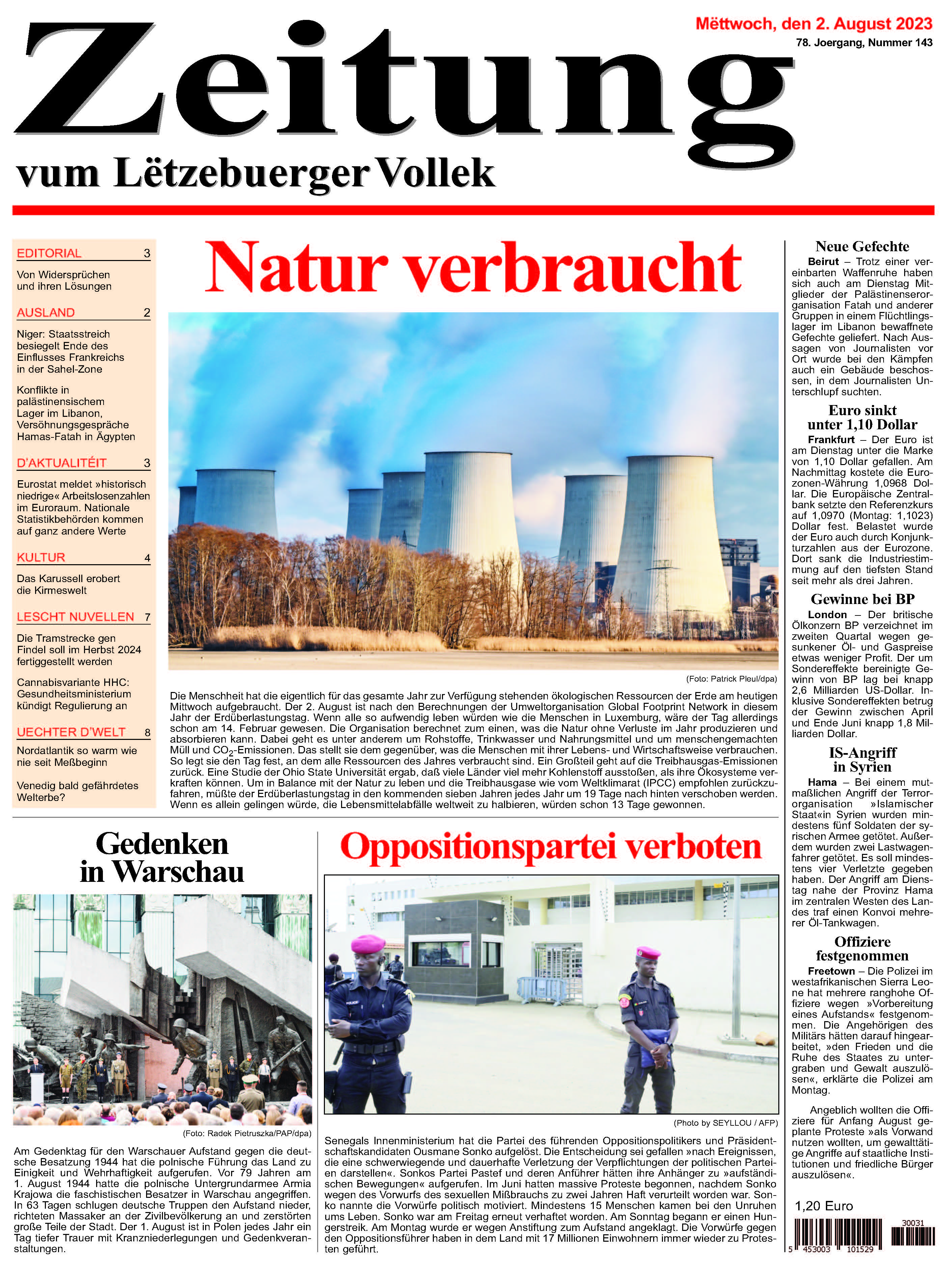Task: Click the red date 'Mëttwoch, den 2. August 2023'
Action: point(813,24)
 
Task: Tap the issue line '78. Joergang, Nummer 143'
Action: point(864,43)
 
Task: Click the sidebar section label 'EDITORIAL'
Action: point(49,253)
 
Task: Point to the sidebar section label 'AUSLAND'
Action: point(46,313)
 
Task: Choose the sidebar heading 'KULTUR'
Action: point(41,557)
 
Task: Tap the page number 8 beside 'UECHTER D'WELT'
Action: point(147,732)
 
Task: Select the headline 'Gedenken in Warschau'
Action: point(162,858)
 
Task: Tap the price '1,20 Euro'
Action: point(824,1206)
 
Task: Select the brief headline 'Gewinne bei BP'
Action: point(862,599)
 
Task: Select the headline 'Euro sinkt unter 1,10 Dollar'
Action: point(862,417)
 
